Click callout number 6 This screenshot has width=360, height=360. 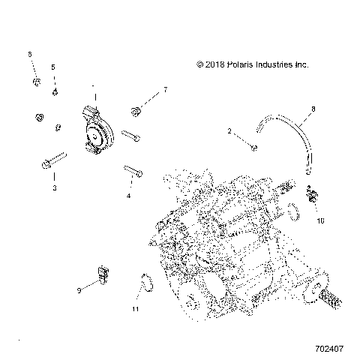point(30,55)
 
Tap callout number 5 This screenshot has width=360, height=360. point(53,67)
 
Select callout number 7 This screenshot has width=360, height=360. point(165,89)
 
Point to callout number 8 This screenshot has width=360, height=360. point(313,109)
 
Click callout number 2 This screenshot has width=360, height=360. point(229,131)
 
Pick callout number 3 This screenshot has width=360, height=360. point(55,188)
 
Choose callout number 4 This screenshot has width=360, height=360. point(128,195)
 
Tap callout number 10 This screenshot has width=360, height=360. point(321,221)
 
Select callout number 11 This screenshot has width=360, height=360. point(136,308)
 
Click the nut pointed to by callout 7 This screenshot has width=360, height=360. point(136,112)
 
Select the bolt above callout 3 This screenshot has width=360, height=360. point(56,160)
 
